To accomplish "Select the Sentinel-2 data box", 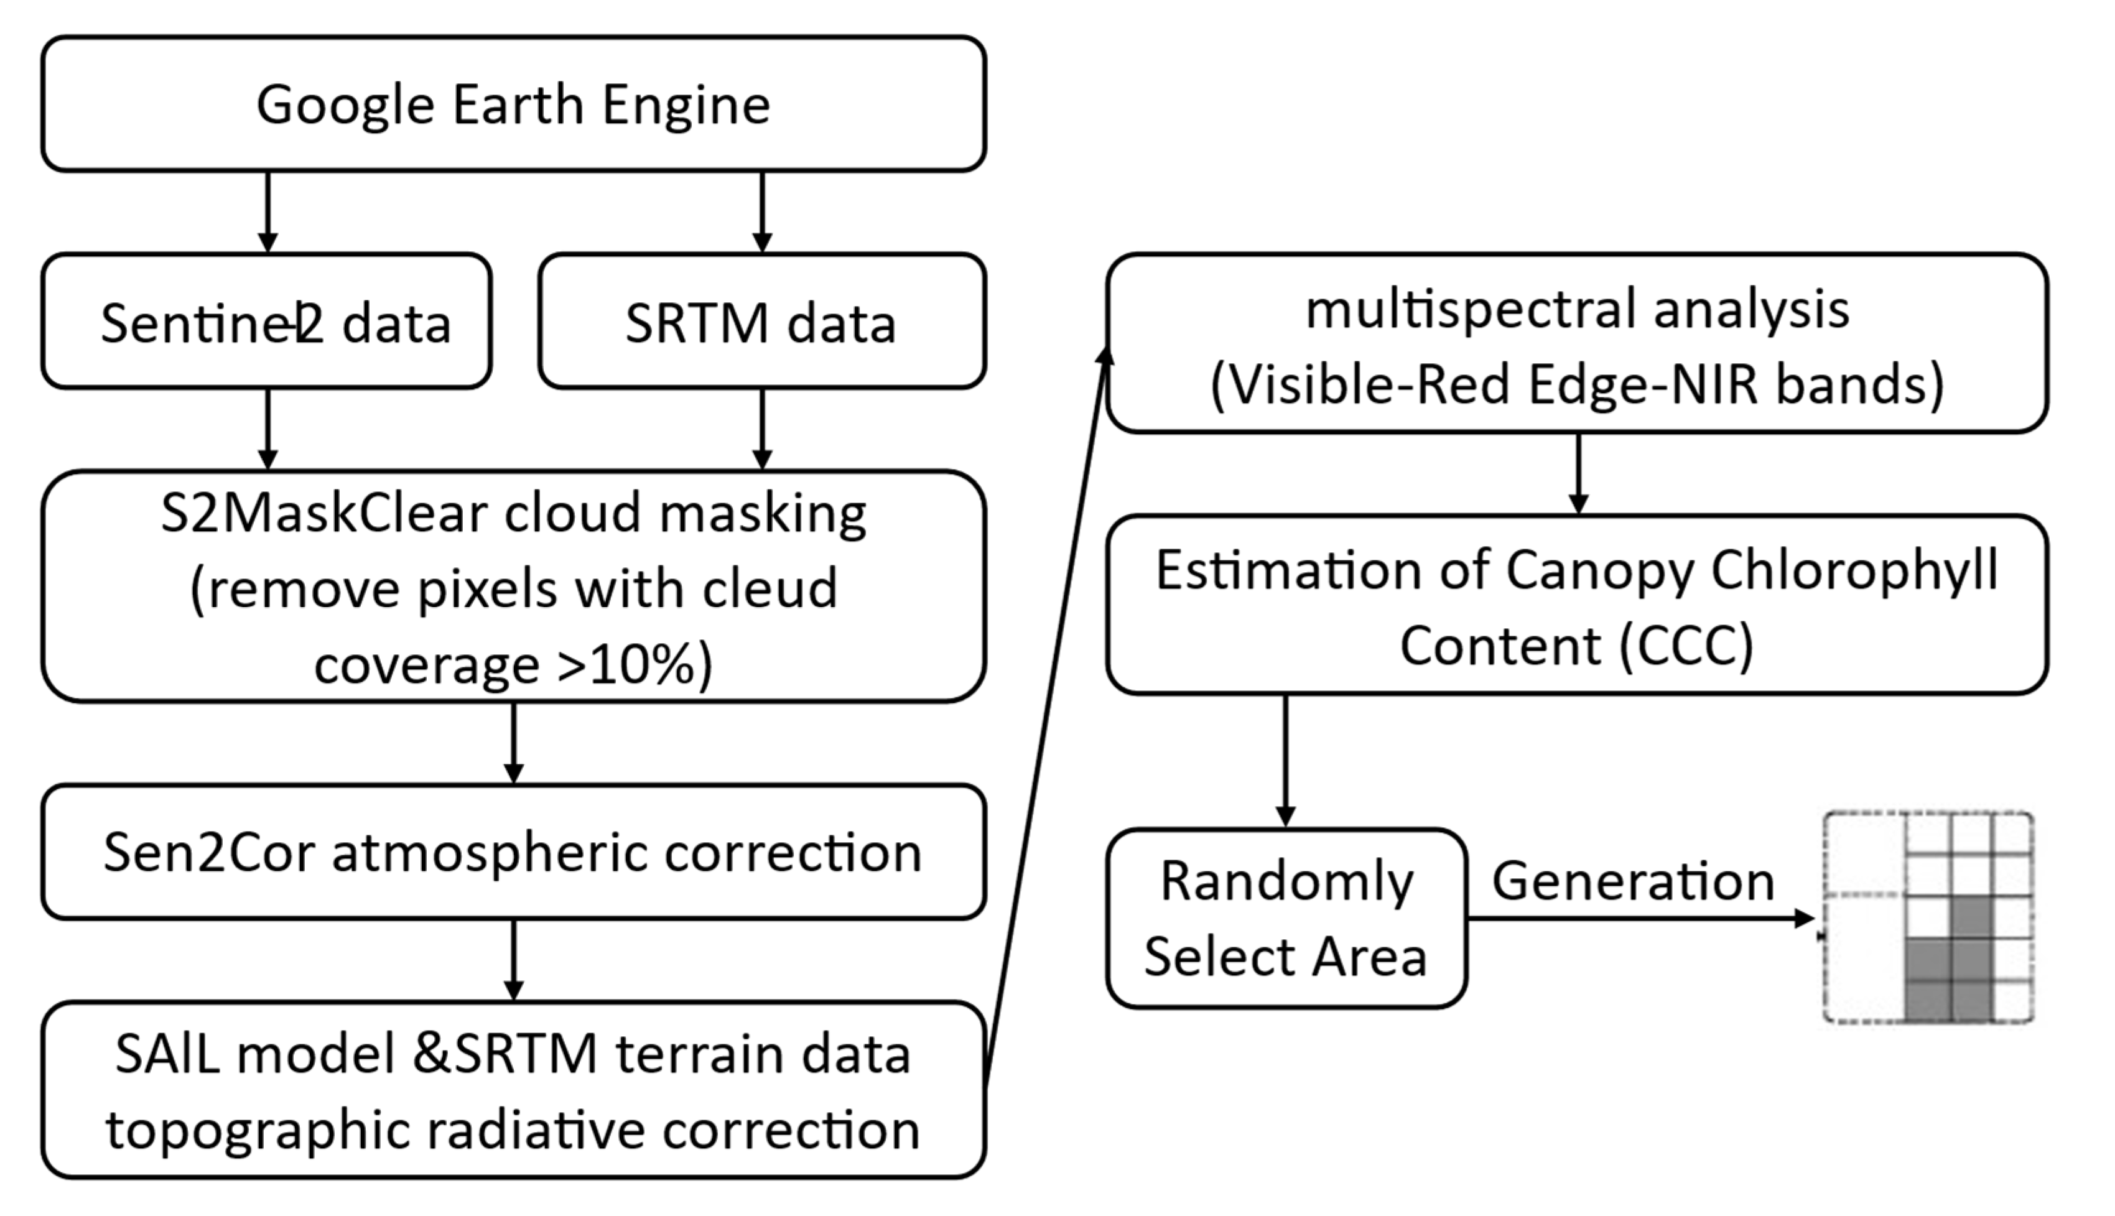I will tap(266, 322).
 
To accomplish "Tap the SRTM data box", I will tap(761, 322).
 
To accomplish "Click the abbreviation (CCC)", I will tap(1686, 646).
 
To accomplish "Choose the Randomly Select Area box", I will tap(1286, 919).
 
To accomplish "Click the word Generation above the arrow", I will tap(1632, 881).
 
